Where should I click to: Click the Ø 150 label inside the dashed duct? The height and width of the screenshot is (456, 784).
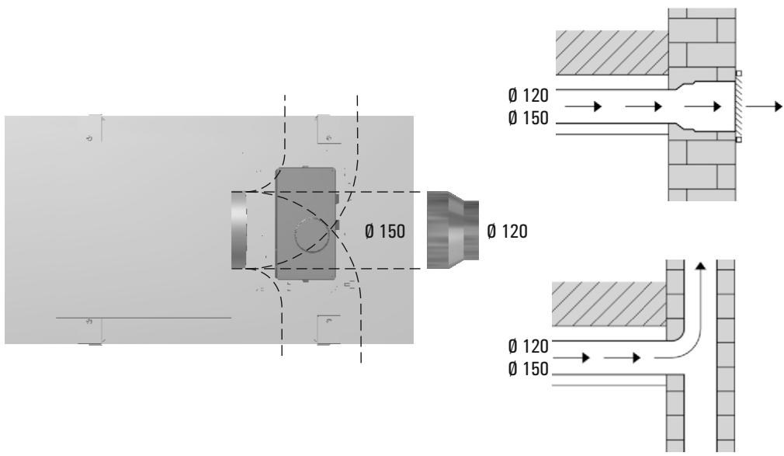(385, 231)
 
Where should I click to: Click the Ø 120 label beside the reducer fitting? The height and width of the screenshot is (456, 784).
(507, 231)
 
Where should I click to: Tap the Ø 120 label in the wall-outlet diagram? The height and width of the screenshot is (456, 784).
(528, 95)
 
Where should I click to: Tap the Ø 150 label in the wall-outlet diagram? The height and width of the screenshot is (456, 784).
(528, 118)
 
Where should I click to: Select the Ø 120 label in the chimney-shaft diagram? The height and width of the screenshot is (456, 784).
(528, 346)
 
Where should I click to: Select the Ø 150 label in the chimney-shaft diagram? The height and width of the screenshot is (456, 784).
(528, 369)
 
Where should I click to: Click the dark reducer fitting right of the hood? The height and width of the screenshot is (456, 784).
(453, 230)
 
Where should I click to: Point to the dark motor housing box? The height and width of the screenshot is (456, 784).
(305, 223)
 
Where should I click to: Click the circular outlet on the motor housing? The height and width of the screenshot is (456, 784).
(312, 235)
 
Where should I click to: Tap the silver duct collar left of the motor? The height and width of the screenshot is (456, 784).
(239, 230)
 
